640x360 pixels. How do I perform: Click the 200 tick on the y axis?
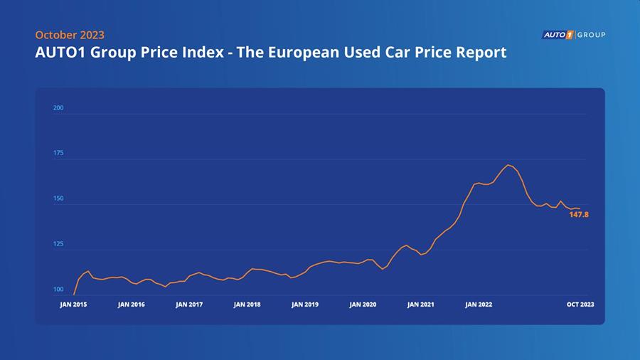[58, 108]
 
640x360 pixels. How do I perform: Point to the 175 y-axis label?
[58, 153]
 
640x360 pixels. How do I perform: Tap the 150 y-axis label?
[58, 198]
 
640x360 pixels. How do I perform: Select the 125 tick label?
[58, 244]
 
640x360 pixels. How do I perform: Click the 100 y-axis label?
[58, 290]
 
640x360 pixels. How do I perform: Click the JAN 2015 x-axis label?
[73, 304]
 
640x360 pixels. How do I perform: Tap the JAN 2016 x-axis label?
[132, 304]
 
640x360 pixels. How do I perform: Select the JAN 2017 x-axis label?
[189, 304]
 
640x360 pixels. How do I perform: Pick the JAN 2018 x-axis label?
[247, 304]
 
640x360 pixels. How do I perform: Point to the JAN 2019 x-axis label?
[305, 304]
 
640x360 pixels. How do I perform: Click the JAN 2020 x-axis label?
[363, 304]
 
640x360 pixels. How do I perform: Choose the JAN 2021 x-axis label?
[421, 304]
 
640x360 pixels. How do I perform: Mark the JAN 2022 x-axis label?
[479, 304]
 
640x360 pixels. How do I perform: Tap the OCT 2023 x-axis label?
[580, 304]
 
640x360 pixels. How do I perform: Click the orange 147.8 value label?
[579, 214]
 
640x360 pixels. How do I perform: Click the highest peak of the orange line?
[508, 165]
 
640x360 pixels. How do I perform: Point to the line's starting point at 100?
[74, 294]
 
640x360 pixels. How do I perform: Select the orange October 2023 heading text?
[70, 35]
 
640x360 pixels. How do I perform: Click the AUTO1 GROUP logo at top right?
[574, 35]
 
